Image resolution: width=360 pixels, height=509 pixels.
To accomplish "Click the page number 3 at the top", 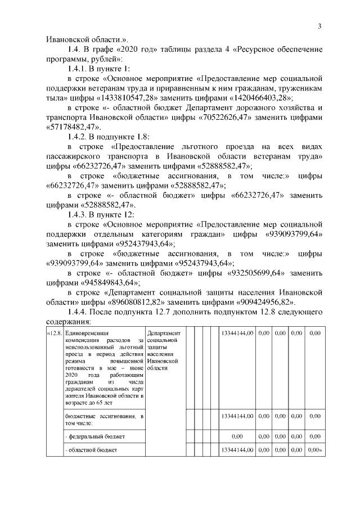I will pos(319,26).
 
